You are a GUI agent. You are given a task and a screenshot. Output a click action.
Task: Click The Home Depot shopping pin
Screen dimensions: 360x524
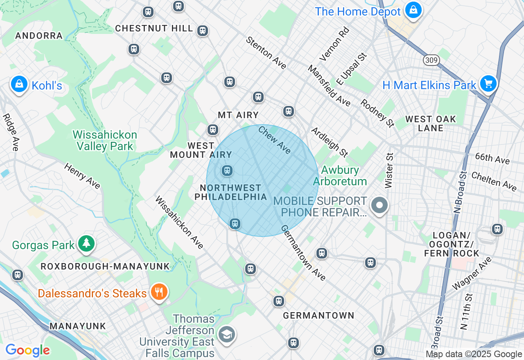click(x=413, y=10)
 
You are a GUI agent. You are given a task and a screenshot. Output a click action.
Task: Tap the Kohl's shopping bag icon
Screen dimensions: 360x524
click(x=19, y=84)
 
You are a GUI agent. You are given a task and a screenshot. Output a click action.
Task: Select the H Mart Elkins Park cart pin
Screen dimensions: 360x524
click(x=488, y=83)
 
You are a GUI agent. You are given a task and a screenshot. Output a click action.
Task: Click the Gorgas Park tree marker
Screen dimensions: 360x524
click(x=86, y=243)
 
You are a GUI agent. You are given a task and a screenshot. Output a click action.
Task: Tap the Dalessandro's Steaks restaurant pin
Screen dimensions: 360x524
click(x=159, y=292)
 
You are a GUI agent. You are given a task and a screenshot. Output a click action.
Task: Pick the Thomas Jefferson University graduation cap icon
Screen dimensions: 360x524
click(x=226, y=334)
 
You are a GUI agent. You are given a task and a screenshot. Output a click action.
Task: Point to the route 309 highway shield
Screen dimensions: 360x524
click(x=431, y=61)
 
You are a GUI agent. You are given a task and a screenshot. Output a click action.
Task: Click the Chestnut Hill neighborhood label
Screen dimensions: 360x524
click(x=154, y=28)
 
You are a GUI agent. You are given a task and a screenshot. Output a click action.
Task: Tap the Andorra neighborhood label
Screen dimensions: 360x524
click(x=39, y=36)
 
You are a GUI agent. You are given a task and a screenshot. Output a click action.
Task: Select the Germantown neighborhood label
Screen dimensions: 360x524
click(x=318, y=315)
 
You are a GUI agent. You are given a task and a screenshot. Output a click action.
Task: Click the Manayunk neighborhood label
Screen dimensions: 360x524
click(x=78, y=326)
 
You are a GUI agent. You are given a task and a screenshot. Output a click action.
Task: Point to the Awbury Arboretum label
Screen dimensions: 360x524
click(x=340, y=175)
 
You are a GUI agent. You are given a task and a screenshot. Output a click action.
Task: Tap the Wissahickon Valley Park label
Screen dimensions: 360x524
click(x=105, y=140)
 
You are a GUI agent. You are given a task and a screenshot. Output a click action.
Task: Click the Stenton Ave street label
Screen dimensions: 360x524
click(x=266, y=52)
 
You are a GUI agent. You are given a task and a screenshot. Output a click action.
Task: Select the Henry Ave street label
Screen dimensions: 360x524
click(x=82, y=176)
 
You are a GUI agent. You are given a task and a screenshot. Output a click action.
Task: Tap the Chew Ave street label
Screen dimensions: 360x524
click(x=275, y=140)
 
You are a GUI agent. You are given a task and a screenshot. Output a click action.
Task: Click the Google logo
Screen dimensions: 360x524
click(x=27, y=350)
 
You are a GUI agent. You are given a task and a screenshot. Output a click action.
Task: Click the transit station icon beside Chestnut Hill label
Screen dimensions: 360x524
click(x=202, y=31)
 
